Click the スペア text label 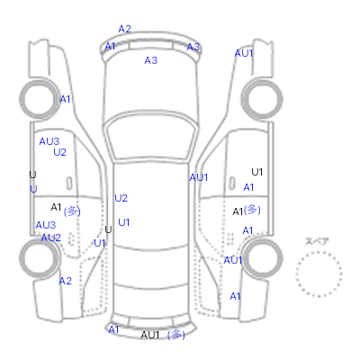click(317, 242)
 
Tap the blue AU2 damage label click(50, 238)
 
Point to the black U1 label click(257, 172)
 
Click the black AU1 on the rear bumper click(150, 335)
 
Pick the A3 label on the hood click(151, 60)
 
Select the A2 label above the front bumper click(125, 29)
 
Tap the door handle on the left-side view click(69, 184)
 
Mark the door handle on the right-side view click(232, 184)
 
